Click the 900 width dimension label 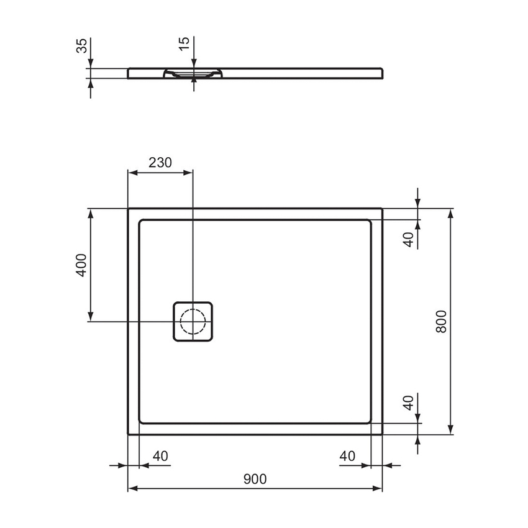(x=255, y=478)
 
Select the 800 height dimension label (x=441, y=321)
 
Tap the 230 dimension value (x=160, y=163)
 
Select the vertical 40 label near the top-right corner (x=408, y=239)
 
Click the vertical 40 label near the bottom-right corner (x=408, y=403)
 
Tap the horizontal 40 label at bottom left (x=160, y=456)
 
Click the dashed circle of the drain (x=193, y=321)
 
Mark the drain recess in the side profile (x=193, y=73)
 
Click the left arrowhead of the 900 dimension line (x=132, y=489)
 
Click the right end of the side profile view (x=382, y=73)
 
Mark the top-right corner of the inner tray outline (x=370, y=221)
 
